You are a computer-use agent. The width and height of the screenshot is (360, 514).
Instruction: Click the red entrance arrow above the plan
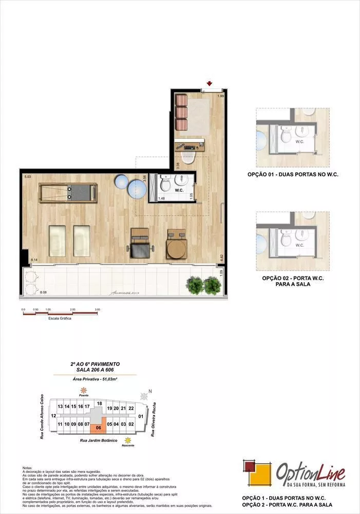209,83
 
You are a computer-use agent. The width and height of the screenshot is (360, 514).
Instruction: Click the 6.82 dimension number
222,256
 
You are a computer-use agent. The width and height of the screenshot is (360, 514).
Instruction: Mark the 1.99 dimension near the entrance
220,96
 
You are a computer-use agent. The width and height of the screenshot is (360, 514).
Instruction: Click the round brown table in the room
177,249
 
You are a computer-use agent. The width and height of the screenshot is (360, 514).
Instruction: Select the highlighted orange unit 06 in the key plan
98,426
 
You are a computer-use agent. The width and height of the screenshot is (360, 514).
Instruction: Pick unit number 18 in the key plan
99,403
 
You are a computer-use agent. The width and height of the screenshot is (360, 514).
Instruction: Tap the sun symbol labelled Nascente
128,440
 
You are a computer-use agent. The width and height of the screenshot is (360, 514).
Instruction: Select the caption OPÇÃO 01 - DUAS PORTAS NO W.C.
293,174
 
